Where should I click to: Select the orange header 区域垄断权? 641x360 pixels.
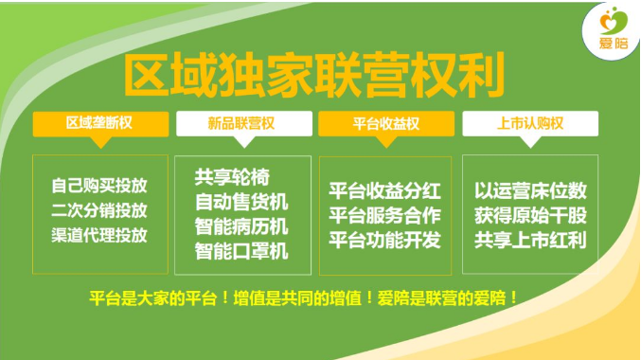coord(99,124)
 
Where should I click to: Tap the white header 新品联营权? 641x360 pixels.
coord(241,124)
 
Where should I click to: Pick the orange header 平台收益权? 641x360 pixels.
coord(385,124)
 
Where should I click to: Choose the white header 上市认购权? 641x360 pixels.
coord(529,124)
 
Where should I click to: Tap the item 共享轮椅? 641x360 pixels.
coord(227,177)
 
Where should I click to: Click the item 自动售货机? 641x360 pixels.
coord(241,202)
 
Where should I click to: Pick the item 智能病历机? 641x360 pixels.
coord(241,227)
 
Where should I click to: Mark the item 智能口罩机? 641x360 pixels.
coord(241,252)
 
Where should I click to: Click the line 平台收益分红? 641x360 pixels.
coord(384,189)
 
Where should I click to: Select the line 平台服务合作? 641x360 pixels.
coord(384,214)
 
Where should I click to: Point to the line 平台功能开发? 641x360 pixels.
coord(384,239)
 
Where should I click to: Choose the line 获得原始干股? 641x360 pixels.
coord(529,214)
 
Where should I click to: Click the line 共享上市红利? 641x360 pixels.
coord(529,239)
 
